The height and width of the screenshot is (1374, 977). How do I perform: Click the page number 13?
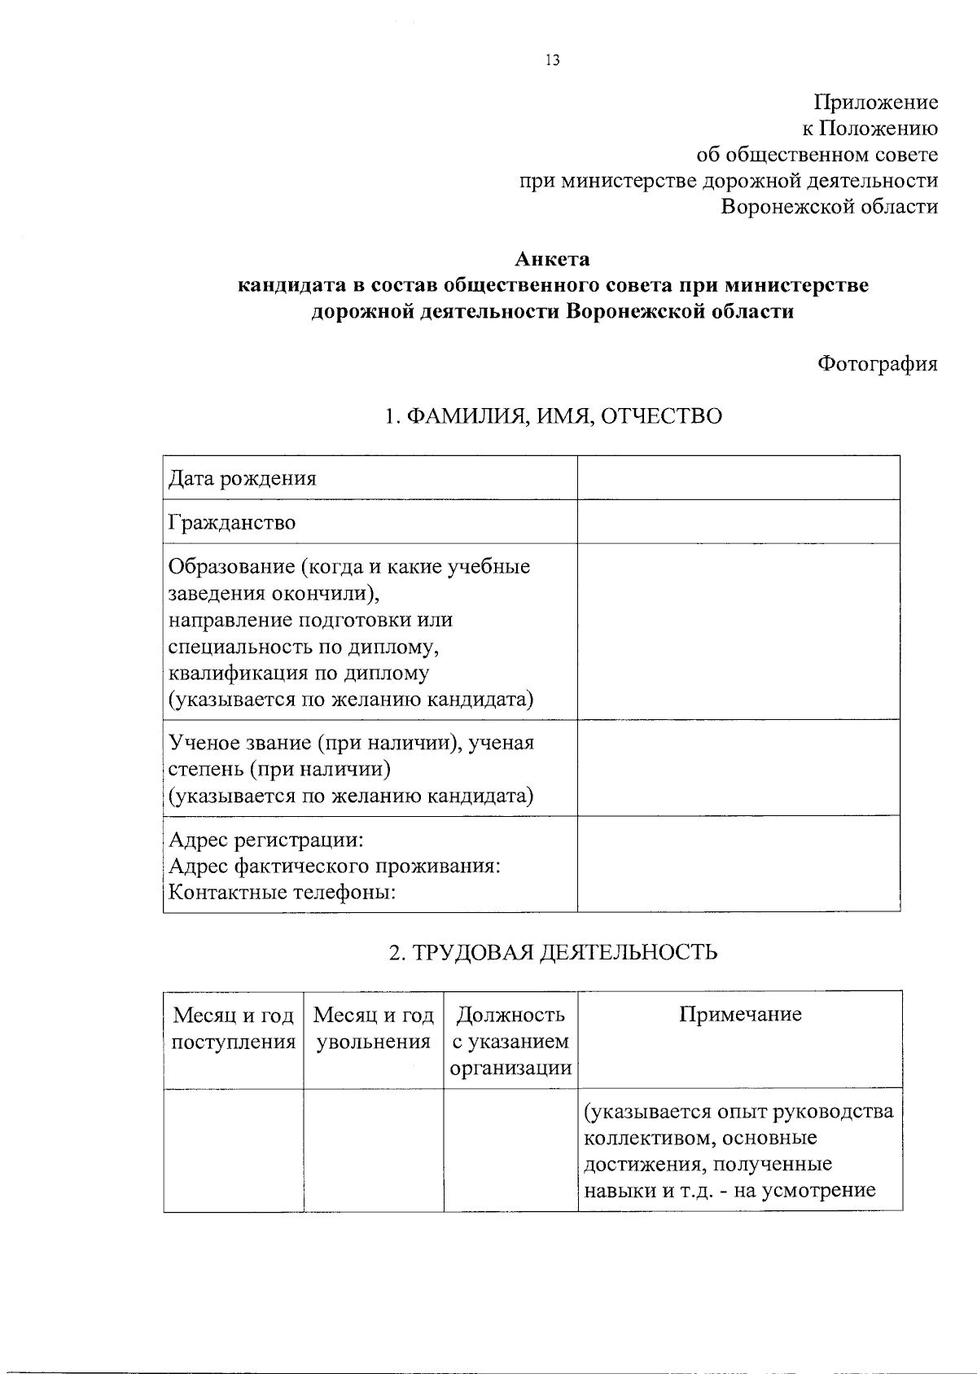(x=552, y=60)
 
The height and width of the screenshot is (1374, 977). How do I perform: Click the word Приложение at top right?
(x=876, y=103)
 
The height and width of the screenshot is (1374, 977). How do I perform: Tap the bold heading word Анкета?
(x=552, y=260)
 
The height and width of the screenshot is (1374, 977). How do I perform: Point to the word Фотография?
(x=877, y=364)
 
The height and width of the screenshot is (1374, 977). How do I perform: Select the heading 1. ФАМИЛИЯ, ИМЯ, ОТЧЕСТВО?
(x=553, y=416)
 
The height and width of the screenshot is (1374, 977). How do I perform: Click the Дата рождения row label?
(x=242, y=478)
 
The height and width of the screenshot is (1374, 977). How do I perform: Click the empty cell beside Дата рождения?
(x=738, y=477)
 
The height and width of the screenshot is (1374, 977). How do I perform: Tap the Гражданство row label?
(x=232, y=522)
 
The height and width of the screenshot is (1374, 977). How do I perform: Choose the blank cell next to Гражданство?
(x=738, y=521)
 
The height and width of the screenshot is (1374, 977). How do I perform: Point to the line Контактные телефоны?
(x=282, y=893)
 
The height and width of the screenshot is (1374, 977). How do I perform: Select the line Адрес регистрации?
(x=265, y=840)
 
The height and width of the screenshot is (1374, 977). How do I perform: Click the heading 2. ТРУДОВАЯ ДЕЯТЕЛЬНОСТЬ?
(x=553, y=952)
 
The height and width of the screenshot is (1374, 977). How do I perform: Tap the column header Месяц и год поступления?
(x=234, y=1028)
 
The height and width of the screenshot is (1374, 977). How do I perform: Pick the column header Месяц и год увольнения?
(x=374, y=1028)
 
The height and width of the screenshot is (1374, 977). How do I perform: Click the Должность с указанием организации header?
(x=510, y=1041)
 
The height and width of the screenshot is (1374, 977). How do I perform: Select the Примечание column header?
(x=739, y=1015)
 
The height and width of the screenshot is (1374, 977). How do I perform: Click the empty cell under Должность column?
(x=510, y=1150)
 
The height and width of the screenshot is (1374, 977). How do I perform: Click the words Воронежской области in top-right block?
(x=830, y=207)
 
